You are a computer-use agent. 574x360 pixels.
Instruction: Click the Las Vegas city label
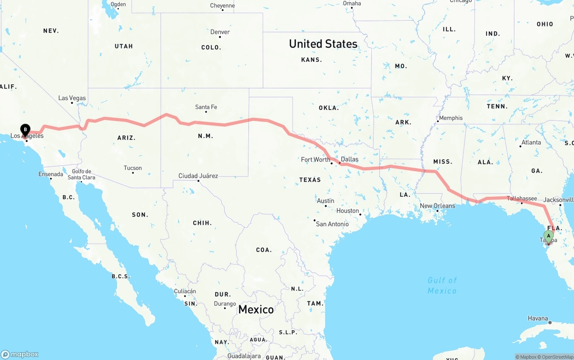coord(72,98)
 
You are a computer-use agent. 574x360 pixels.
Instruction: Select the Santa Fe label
coord(206,107)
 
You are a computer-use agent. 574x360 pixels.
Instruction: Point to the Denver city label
coord(220,32)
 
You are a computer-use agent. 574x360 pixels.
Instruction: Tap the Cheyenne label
coord(222,6)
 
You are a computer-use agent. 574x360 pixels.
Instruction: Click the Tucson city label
coord(133,168)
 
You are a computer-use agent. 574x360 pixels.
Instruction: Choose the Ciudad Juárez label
coord(198,176)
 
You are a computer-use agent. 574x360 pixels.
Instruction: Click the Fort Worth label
coord(315,160)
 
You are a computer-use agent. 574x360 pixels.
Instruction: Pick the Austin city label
coord(326,201)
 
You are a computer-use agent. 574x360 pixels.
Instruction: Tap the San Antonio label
coord(332,224)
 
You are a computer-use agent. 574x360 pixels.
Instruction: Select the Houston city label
coord(348,211)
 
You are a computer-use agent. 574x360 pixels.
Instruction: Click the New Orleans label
coord(437,206)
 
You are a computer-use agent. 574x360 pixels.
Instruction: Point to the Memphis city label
coord(451,118)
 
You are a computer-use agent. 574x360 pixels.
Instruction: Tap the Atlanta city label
coord(531,143)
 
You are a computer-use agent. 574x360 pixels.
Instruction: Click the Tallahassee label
coord(522,199)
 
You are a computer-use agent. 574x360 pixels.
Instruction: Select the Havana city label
coord(538,318)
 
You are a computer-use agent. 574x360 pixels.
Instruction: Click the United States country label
coord(323,44)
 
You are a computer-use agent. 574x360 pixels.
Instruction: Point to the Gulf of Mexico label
coord(442,286)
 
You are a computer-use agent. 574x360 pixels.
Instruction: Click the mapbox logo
coord(20,354)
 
